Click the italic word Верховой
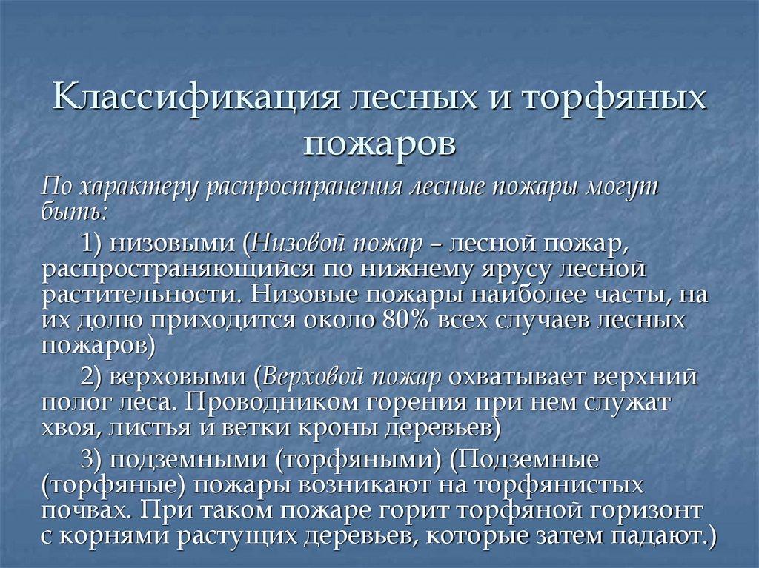pos(309,376)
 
